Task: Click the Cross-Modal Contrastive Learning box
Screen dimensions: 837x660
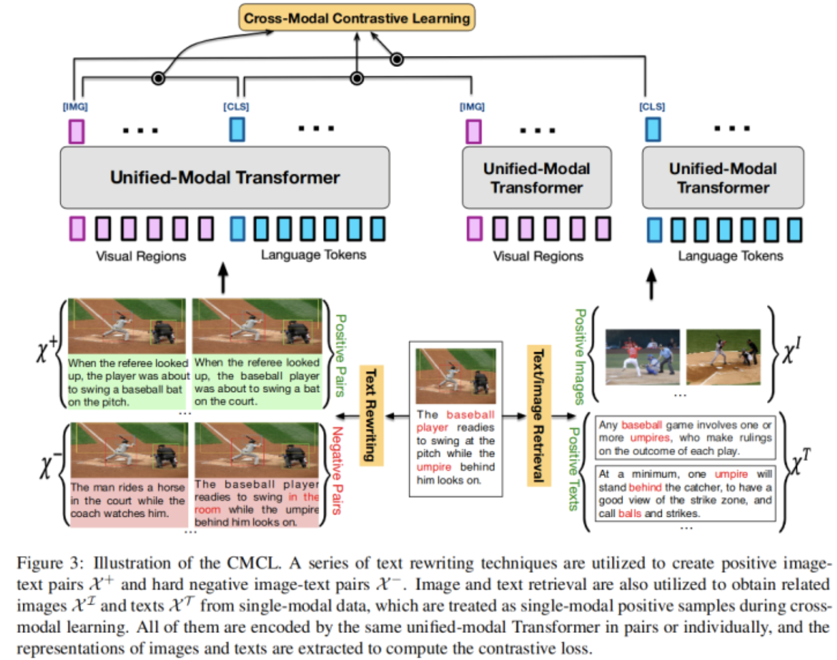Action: [x=356, y=17]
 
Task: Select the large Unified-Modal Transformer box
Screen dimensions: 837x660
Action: [x=225, y=178]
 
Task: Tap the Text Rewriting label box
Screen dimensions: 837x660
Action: [x=371, y=415]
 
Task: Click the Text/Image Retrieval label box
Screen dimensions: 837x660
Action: [x=539, y=415]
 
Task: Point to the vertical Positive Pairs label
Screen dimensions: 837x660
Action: [x=340, y=355]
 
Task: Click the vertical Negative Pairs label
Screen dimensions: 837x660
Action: [x=337, y=471]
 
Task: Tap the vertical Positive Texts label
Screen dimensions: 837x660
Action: [x=574, y=469]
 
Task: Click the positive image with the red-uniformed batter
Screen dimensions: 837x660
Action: [x=643, y=357]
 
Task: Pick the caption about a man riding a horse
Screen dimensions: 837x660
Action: [x=128, y=500]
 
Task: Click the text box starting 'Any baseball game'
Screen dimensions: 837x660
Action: [x=685, y=438]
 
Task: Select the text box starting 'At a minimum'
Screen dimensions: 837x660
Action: [x=685, y=493]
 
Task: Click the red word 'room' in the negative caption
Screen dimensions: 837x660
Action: [x=207, y=510]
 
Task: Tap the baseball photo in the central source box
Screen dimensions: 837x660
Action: [x=456, y=376]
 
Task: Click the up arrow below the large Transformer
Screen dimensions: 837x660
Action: [x=223, y=278]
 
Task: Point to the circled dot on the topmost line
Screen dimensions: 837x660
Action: [x=397, y=59]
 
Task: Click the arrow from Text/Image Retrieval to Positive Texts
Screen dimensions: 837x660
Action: [x=564, y=416]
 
